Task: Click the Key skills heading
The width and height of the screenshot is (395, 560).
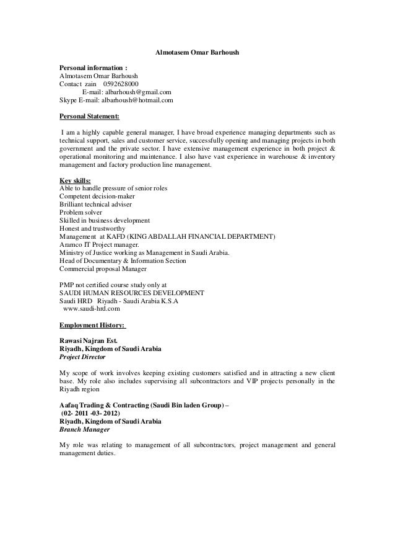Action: coord(74,180)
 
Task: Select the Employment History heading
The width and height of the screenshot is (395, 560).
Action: coord(92,324)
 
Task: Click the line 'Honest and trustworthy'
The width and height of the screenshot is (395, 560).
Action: coord(92,229)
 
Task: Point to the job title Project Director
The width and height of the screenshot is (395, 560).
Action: coord(82,357)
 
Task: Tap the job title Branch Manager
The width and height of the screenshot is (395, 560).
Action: coord(84,429)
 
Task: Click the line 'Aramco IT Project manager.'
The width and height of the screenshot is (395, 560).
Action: coord(95,245)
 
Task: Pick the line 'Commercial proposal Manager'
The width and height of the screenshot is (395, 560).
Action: coord(102,269)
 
